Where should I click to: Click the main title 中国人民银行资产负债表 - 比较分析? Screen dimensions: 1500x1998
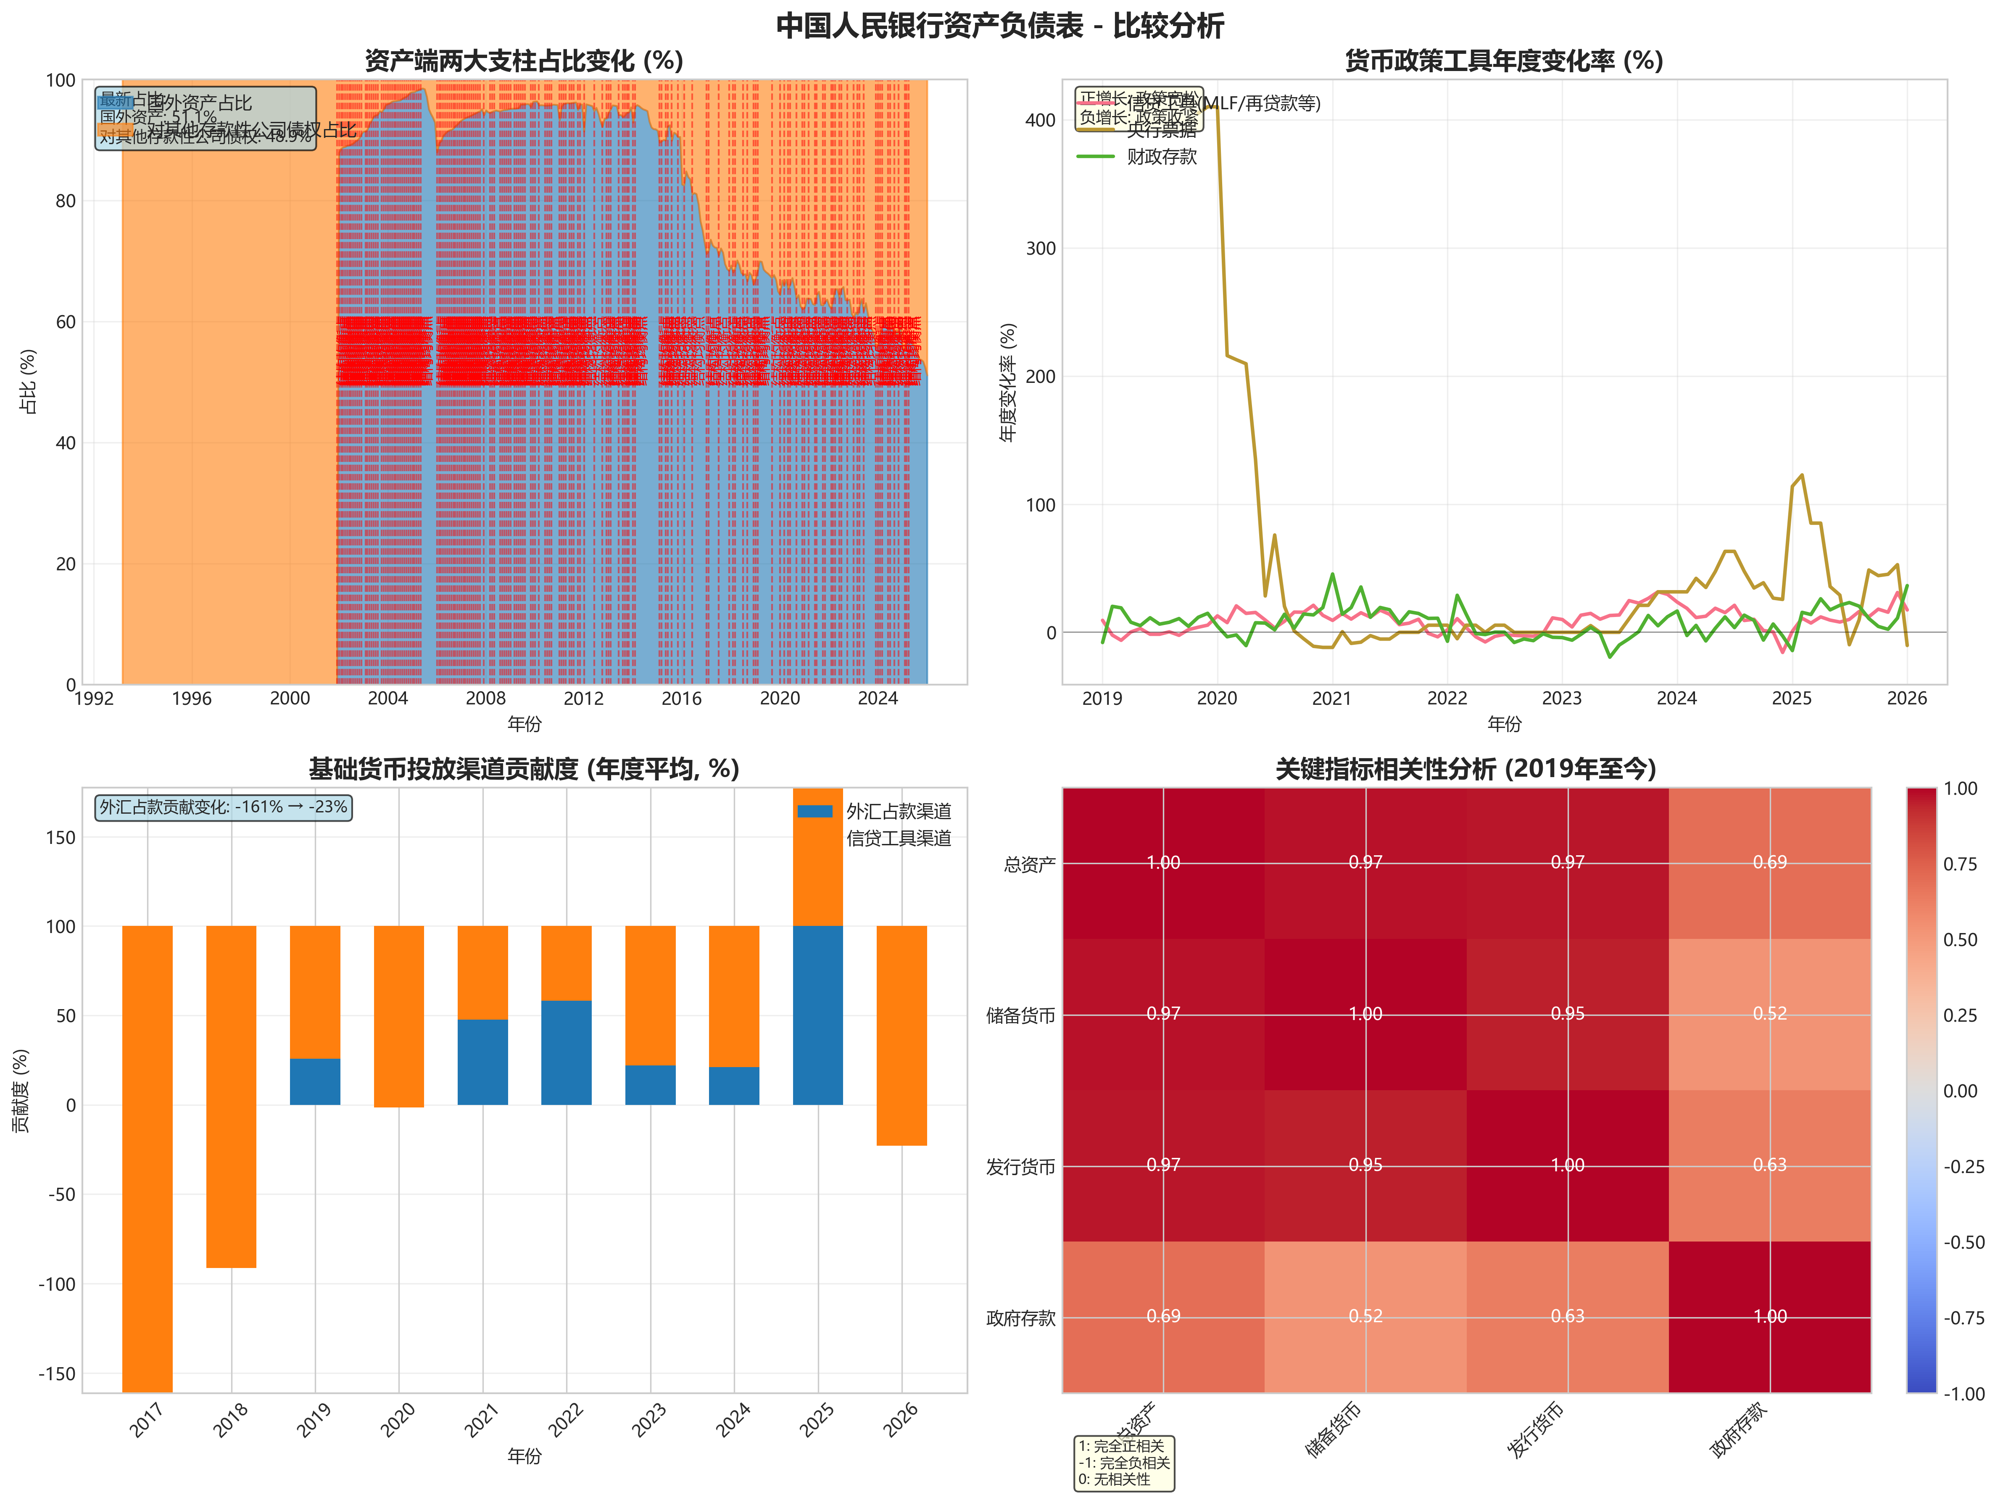(999, 25)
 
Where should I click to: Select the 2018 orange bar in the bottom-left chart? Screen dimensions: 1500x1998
(231, 1097)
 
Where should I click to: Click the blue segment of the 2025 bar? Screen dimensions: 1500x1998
(817, 1015)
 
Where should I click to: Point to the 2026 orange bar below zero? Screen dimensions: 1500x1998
(901, 1125)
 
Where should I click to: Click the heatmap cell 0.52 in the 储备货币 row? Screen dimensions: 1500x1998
(1769, 1014)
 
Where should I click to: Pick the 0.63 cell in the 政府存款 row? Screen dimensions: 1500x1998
(1567, 1317)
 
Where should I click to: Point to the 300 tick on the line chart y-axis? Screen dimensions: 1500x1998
(1041, 248)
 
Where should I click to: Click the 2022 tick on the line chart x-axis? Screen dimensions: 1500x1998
(1447, 698)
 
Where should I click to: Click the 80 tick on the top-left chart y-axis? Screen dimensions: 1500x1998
(65, 200)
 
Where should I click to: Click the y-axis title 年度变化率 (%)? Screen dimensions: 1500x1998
(1008, 382)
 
